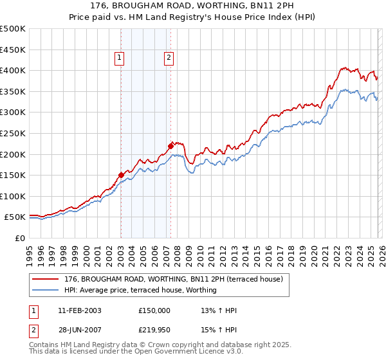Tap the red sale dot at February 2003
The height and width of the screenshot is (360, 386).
pyautogui.click(x=121, y=175)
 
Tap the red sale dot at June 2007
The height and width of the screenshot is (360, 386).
pyautogui.click(x=170, y=146)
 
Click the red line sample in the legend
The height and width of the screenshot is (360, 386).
pyautogui.click(x=45, y=279)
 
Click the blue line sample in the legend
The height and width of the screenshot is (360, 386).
pyautogui.click(x=45, y=290)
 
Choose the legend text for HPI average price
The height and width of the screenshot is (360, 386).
pyautogui.click(x=140, y=290)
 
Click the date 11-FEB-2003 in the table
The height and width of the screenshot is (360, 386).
pyautogui.click(x=79, y=310)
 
